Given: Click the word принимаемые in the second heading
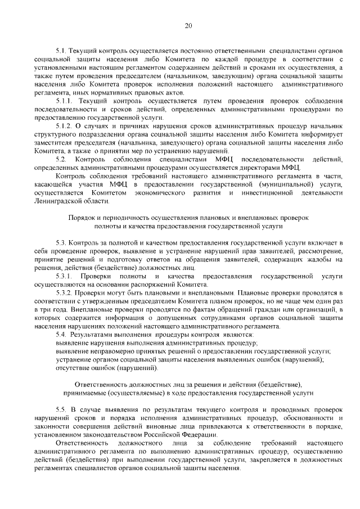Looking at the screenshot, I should coord(87,392).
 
